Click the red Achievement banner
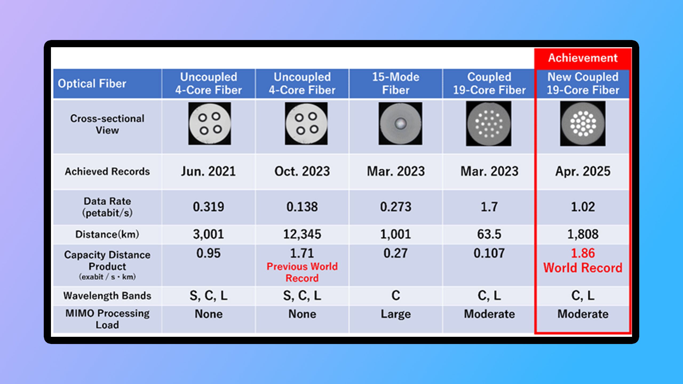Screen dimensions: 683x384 click(x=583, y=58)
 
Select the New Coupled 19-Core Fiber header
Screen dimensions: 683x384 click(x=583, y=83)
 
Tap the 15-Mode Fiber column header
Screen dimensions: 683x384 click(x=396, y=83)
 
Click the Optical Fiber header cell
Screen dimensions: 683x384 click(x=92, y=83)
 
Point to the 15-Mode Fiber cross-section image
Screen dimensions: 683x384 click(x=400, y=124)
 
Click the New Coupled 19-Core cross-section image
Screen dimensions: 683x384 click(x=583, y=123)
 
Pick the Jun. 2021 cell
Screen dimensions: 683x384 click(x=208, y=171)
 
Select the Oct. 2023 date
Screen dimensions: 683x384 click(x=302, y=171)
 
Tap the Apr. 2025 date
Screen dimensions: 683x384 click(x=583, y=171)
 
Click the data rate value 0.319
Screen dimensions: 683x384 click(x=208, y=207)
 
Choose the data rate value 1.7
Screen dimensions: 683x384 click(x=489, y=207)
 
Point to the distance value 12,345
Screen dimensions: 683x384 click(x=302, y=234)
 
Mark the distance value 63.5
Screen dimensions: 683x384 click(x=489, y=234)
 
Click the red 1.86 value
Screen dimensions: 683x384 click(x=583, y=253)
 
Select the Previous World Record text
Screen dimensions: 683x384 click(x=302, y=272)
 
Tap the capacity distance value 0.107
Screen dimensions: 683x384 click(x=489, y=253)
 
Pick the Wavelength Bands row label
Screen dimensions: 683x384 click(x=107, y=296)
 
